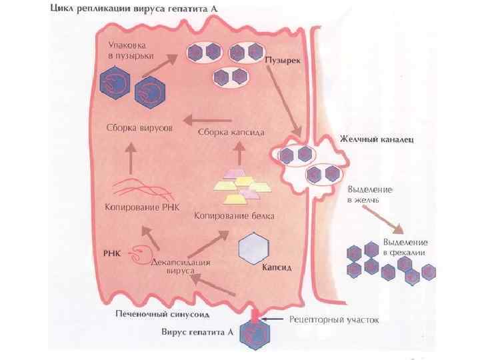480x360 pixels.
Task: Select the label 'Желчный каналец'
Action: [x=377, y=140]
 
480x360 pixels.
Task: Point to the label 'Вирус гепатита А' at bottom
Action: [x=195, y=331]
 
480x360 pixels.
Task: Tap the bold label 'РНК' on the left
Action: [x=111, y=253]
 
